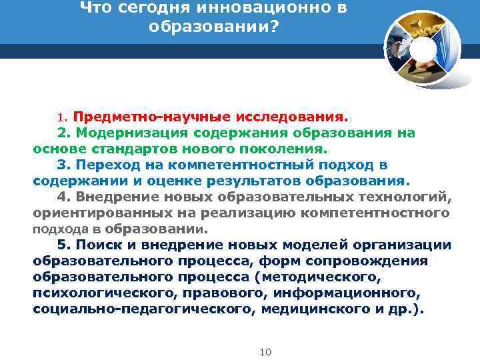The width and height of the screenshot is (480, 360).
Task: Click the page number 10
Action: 265,351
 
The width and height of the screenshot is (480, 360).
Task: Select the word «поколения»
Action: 287,149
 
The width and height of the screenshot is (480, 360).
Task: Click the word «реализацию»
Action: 256,213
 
